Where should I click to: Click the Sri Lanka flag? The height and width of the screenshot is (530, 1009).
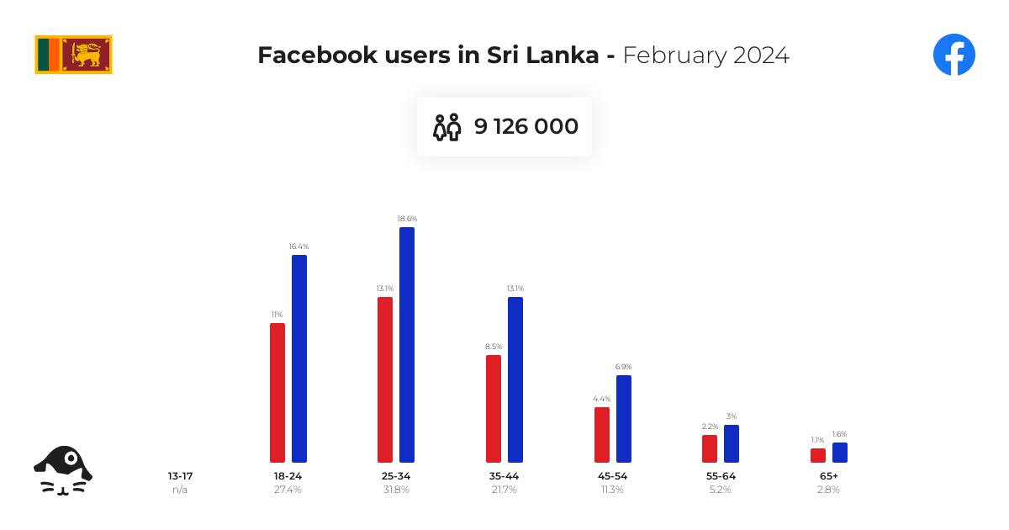[x=73, y=55]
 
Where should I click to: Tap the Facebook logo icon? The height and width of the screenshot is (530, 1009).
[x=954, y=55]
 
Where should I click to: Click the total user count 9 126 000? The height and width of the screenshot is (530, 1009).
[x=526, y=126]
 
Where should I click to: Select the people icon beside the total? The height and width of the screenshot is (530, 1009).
[x=446, y=127]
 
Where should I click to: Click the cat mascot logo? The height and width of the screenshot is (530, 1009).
[x=63, y=470]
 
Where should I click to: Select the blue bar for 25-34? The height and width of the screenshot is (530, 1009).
[x=407, y=345]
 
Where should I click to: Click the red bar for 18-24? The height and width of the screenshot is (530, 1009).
[x=277, y=393]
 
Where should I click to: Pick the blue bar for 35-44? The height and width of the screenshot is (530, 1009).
[x=515, y=379]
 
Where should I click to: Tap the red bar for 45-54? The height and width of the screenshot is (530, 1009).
[x=602, y=435]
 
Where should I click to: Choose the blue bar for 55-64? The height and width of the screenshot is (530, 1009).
[x=732, y=443]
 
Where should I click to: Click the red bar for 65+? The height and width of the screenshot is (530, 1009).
[x=818, y=455]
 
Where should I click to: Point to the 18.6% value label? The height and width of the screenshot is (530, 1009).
[x=407, y=219]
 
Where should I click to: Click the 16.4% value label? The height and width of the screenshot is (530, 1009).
[x=299, y=246]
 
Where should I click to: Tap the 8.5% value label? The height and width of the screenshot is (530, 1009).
[x=494, y=347]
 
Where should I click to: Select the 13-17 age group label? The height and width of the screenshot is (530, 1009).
[x=180, y=476]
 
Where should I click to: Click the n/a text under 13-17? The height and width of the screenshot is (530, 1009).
[x=180, y=490]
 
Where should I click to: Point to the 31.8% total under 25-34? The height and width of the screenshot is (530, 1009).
[x=396, y=490]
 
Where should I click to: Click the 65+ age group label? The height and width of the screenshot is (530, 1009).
[x=829, y=476]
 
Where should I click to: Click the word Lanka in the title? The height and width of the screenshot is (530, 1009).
[x=563, y=55]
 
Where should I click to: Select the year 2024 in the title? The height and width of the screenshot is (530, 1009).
[x=761, y=56]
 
